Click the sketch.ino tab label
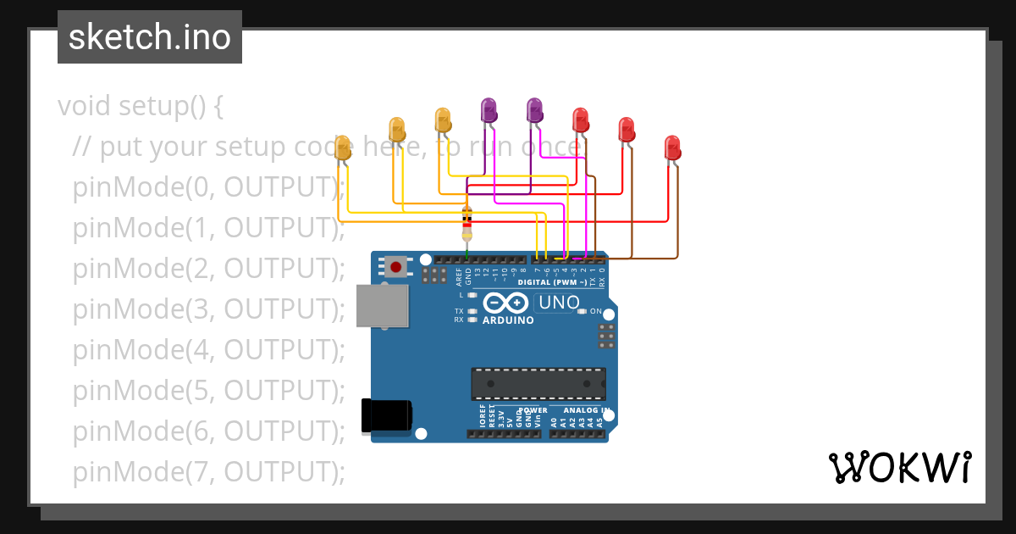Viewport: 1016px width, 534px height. [150, 37]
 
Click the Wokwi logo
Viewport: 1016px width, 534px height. [899, 467]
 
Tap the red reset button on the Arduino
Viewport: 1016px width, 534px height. [395, 267]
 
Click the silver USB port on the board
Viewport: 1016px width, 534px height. [380, 306]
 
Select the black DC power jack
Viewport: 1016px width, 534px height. [386, 415]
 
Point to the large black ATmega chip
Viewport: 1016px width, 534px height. [538, 383]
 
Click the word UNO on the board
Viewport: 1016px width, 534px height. [559, 303]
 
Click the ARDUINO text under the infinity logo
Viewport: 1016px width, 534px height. [508, 320]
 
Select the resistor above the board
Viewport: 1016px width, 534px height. [467, 222]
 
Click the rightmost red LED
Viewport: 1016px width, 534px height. [672, 147]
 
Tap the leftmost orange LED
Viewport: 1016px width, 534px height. [342, 147]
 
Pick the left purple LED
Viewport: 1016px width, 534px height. [489, 110]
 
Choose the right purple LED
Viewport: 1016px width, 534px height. [534, 110]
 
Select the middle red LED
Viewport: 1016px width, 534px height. [627, 129]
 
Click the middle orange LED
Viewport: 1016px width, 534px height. [396, 129]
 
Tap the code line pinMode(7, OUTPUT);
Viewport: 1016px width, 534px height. [208, 471]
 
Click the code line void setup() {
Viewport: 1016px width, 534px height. [140, 106]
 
